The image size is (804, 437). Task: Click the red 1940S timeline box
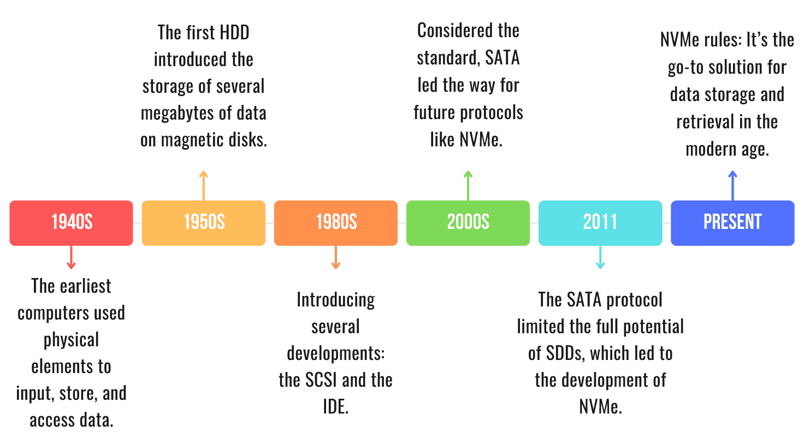(x=71, y=223)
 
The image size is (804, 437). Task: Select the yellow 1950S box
(x=204, y=223)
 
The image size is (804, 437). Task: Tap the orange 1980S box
(x=336, y=223)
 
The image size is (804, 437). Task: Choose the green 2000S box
(x=468, y=223)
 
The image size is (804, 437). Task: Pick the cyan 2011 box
(x=600, y=223)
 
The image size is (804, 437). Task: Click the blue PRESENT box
(x=732, y=223)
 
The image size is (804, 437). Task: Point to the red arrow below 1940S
(x=71, y=257)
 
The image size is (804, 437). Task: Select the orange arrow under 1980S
(x=336, y=257)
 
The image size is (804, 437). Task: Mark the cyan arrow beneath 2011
(x=600, y=257)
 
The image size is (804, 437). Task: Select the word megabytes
(x=175, y=113)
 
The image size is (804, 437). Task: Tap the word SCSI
(x=330, y=380)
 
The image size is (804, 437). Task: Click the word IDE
(x=335, y=406)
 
